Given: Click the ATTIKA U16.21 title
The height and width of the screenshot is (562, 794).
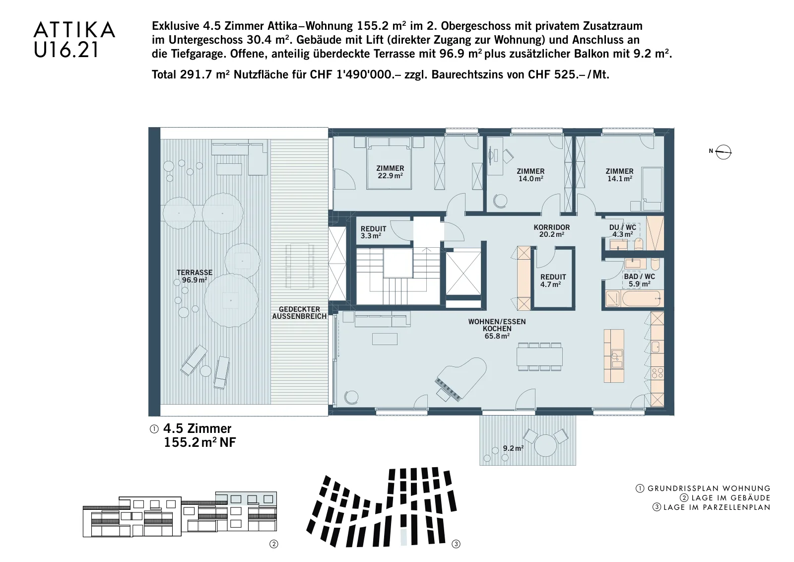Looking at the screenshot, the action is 74,39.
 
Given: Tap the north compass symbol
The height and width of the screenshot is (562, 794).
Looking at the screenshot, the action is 723,152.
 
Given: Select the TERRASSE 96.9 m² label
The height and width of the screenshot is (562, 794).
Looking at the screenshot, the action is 195,276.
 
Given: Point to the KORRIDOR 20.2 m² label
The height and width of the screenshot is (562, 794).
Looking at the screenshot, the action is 551,231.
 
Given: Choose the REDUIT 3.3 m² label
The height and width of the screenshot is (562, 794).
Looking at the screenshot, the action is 373,232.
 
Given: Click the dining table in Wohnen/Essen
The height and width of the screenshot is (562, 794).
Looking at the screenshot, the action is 539,356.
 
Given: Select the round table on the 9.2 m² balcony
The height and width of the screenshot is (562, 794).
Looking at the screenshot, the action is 545,445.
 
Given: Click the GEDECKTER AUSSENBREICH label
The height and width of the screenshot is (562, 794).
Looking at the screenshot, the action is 299,313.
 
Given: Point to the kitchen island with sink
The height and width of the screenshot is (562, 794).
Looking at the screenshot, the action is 614,355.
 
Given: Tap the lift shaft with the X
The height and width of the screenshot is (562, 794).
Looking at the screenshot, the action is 463,273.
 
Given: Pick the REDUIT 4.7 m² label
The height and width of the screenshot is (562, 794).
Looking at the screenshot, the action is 553,281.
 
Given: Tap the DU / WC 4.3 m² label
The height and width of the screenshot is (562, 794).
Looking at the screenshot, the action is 622,231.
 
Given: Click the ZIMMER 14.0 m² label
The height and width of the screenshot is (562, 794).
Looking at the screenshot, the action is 530,175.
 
